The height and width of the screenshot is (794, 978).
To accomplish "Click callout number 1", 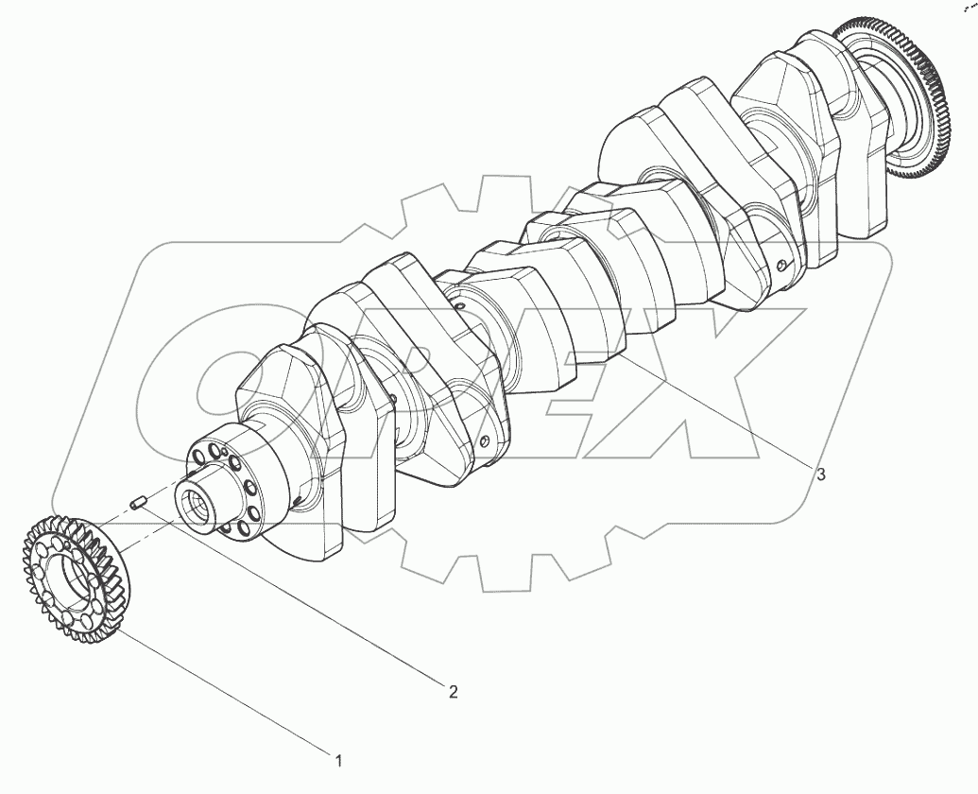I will pos(338,758).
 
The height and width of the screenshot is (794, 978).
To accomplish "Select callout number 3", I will pos(821,475).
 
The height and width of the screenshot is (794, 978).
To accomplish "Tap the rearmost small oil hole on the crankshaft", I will pos(781,266).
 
